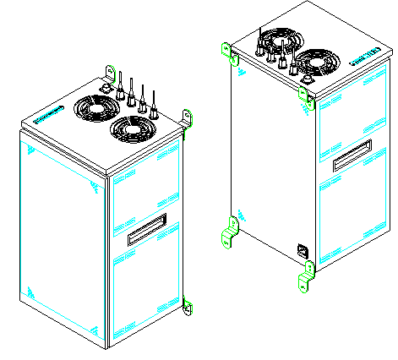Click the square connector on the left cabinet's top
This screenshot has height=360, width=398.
106,86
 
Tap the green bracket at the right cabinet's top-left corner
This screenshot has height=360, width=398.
226,51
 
